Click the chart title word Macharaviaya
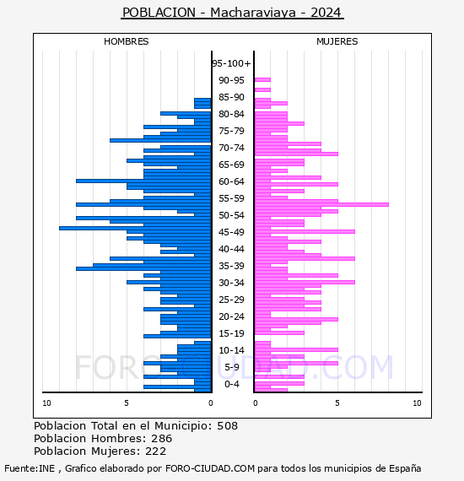[x=253, y=13]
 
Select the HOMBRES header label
[x=126, y=41]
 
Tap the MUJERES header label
[x=337, y=41]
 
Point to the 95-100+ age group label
[x=231, y=63]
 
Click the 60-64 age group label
[x=231, y=181]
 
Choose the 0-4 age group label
[x=231, y=384]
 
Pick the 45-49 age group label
[x=231, y=232]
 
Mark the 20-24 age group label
[x=231, y=316]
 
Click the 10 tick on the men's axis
[x=46, y=403]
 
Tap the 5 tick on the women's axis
[x=337, y=403]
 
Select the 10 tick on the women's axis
[x=417, y=403]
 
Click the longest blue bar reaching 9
[x=135, y=228]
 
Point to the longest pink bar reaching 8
[x=321, y=204]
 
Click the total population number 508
[x=227, y=426]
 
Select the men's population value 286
[x=162, y=438]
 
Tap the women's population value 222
[x=156, y=451]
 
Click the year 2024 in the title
[x=326, y=13]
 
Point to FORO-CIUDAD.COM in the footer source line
[x=210, y=468]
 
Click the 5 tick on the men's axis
[x=127, y=403]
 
